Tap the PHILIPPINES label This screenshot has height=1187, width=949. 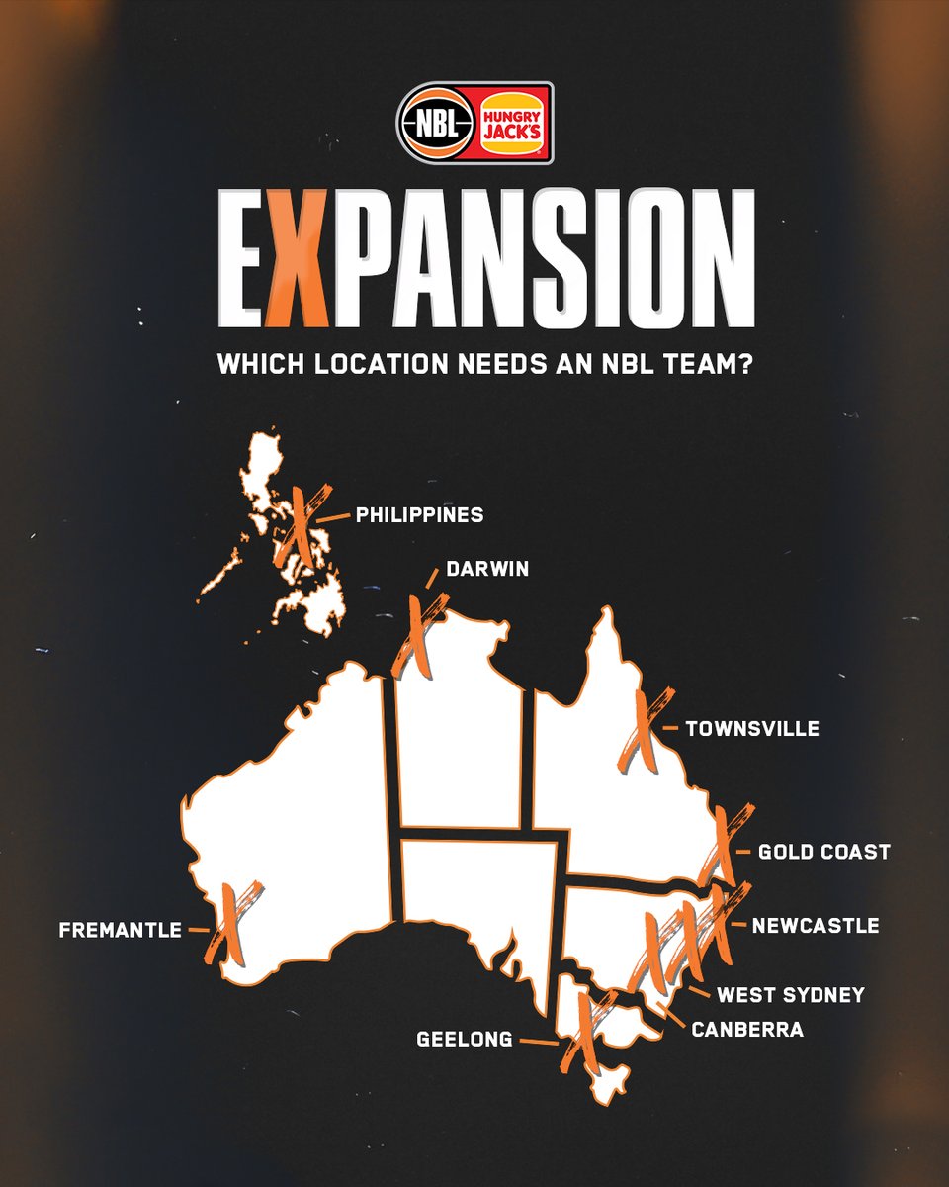[x=419, y=515]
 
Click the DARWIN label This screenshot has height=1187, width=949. [x=487, y=570]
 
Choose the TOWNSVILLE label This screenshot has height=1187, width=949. [x=752, y=729]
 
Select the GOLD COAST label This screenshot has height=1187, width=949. [x=823, y=852]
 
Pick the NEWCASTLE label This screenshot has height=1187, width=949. [x=815, y=926]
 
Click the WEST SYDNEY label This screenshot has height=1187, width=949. [x=790, y=995]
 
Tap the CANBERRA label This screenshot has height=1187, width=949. [x=746, y=1030]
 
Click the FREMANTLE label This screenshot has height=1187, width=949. [x=121, y=931]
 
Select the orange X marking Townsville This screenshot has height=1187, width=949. [x=640, y=732]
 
